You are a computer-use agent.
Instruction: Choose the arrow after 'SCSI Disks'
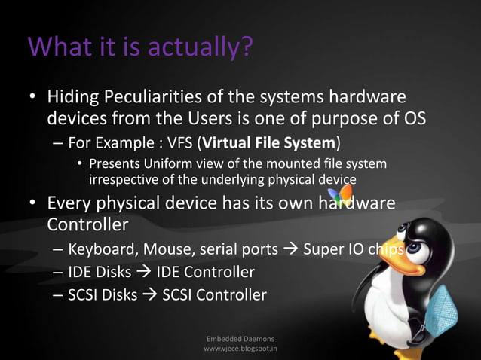149,294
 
